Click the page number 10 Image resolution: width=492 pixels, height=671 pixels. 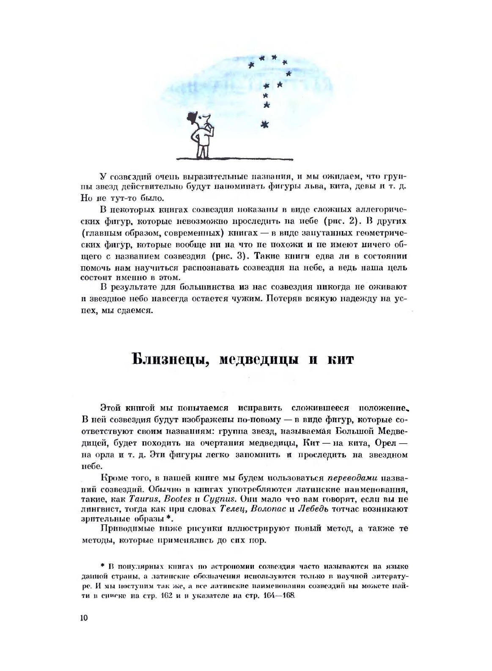[x=82, y=618]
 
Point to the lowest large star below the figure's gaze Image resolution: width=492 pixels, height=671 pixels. [x=265, y=124]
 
